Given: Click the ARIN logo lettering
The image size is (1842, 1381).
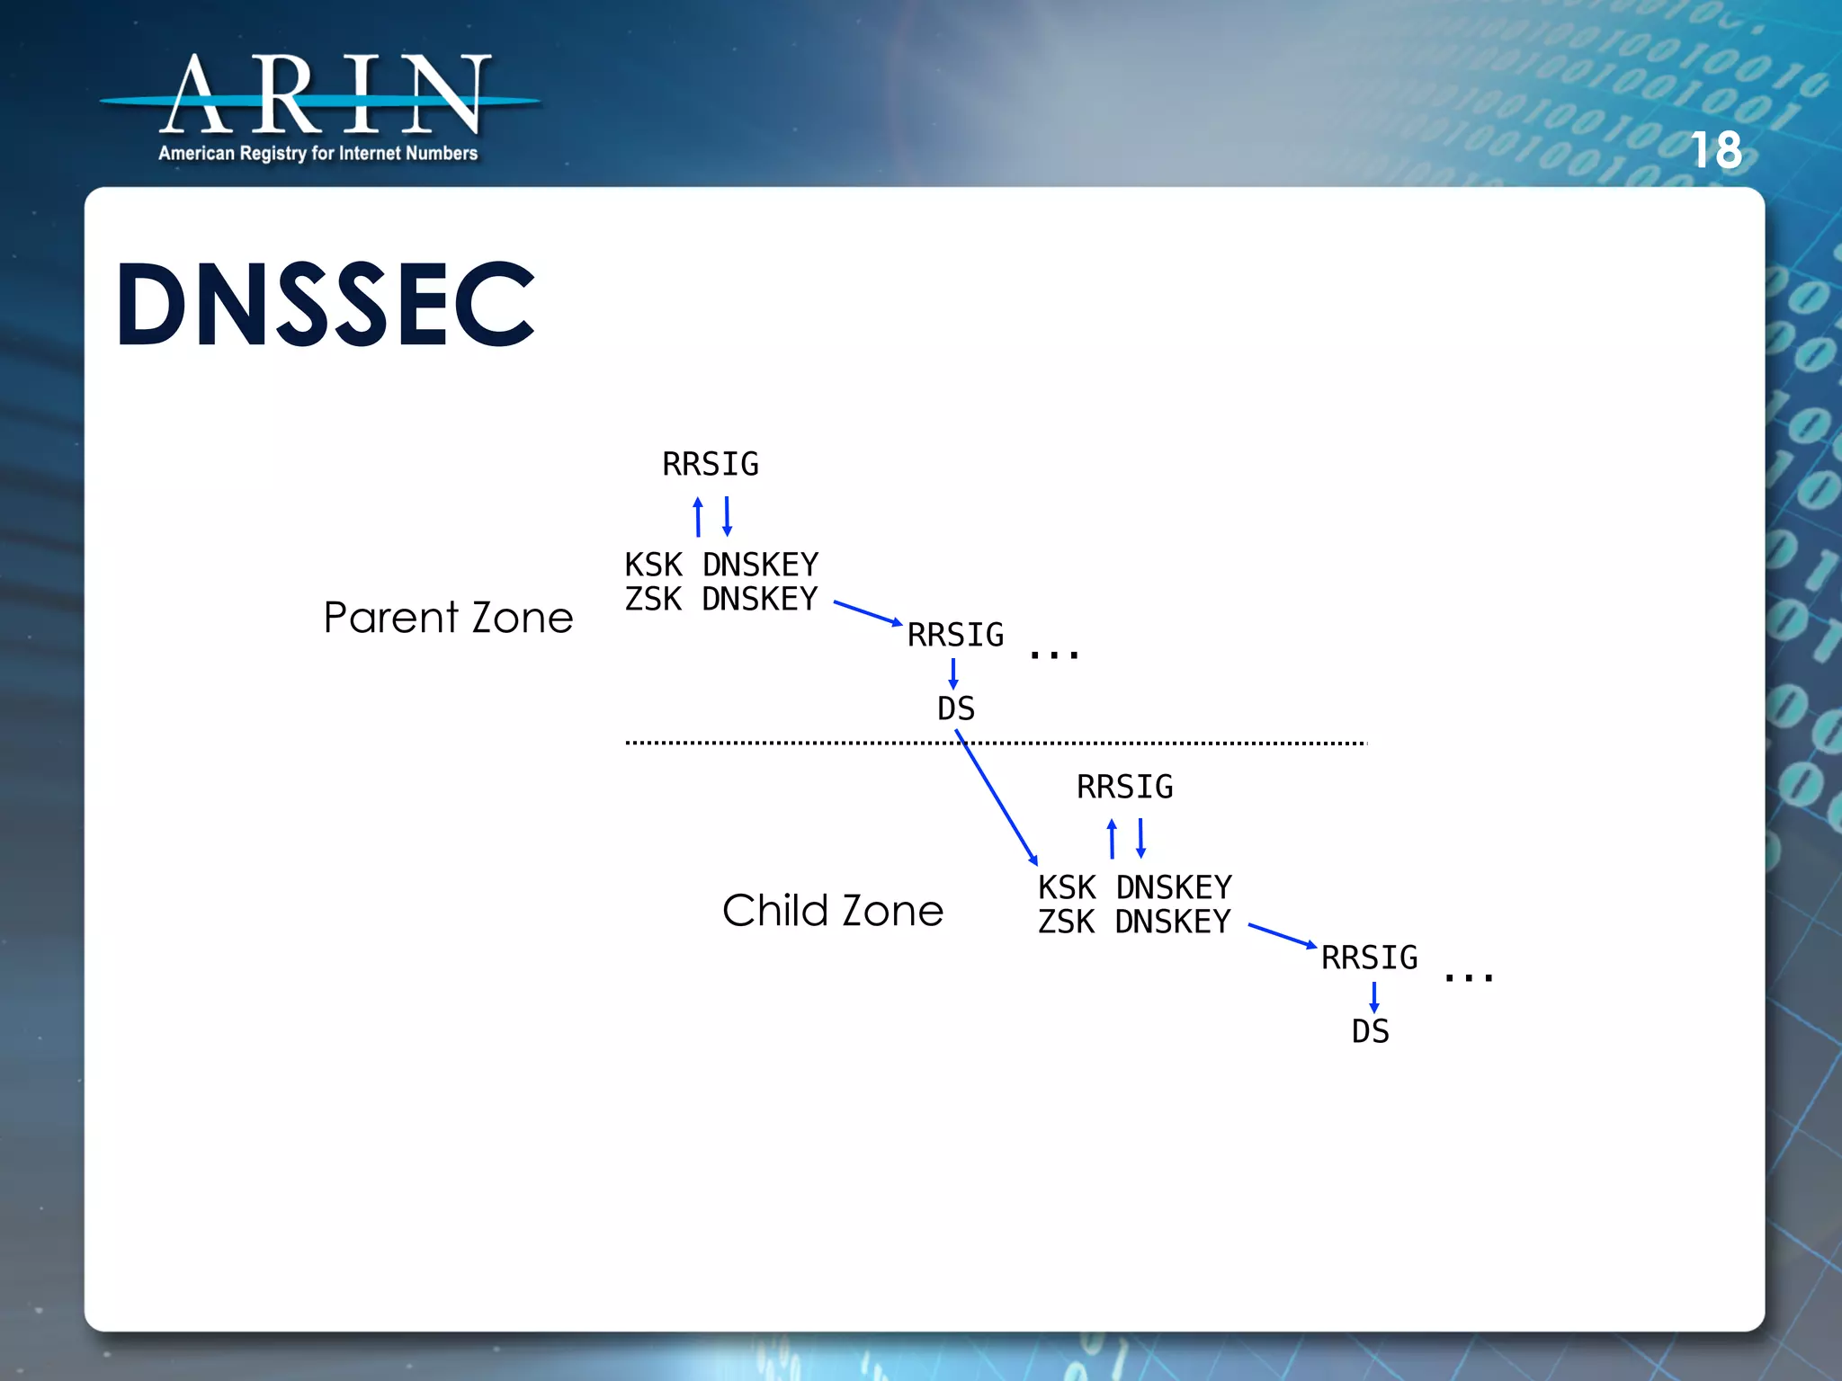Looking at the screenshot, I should [x=324, y=94].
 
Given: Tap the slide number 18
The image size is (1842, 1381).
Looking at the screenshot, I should [x=1716, y=150].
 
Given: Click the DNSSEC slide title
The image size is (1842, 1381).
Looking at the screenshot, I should [x=326, y=304].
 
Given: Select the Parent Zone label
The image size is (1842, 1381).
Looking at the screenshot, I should [x=448, y=618].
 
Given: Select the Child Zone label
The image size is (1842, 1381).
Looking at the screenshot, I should [x=833, y=911].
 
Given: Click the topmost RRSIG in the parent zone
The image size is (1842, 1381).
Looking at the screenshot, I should [x=711, y=465].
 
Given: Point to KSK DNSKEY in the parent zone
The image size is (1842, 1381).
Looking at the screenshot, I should [x=721, y=565].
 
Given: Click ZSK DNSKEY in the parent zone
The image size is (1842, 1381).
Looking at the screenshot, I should [x=721, y=599].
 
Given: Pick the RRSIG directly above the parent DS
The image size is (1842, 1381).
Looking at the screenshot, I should [x=955, y=635].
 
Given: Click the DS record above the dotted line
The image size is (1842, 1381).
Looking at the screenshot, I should [x=955, y=708].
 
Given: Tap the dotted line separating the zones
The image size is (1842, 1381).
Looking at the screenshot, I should [x=1169, y=744].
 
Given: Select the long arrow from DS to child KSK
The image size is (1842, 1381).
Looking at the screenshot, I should [x=997, y=798].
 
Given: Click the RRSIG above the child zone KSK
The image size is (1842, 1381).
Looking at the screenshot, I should [x=1124, y=788].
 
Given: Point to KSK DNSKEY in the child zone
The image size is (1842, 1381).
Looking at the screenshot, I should [x=1135, y=887].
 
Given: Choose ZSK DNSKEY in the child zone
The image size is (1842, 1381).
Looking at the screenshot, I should [x=1135, y=922].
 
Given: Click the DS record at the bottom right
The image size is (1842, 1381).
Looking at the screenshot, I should [x=1370, y=1031].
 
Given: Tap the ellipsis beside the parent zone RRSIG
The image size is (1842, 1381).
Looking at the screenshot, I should [x=1054, y=655].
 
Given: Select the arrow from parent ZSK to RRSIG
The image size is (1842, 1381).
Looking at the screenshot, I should [x=867, y=613].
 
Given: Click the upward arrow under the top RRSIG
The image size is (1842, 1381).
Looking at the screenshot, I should [x=698, y=517].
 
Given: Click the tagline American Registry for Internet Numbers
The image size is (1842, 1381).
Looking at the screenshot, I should [x=317, y=154].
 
